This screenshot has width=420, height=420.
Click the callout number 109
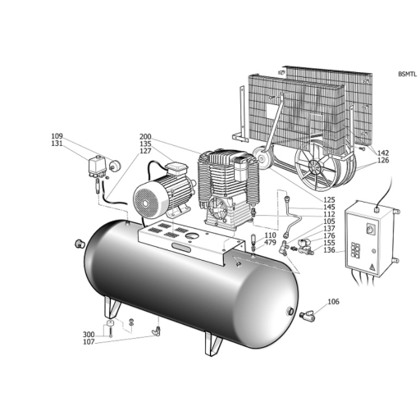click(57, 136)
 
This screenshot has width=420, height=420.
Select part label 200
click(145, 137)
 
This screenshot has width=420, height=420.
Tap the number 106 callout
click(333, 302)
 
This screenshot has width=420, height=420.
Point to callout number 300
click(89, 335)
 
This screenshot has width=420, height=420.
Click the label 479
click(270, 242)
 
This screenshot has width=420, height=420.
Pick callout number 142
click(383, 153)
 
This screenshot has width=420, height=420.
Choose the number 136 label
click(329, 250)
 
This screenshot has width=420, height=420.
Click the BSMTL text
click(408, 74)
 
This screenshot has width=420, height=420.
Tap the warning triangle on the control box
click(372, 267)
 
